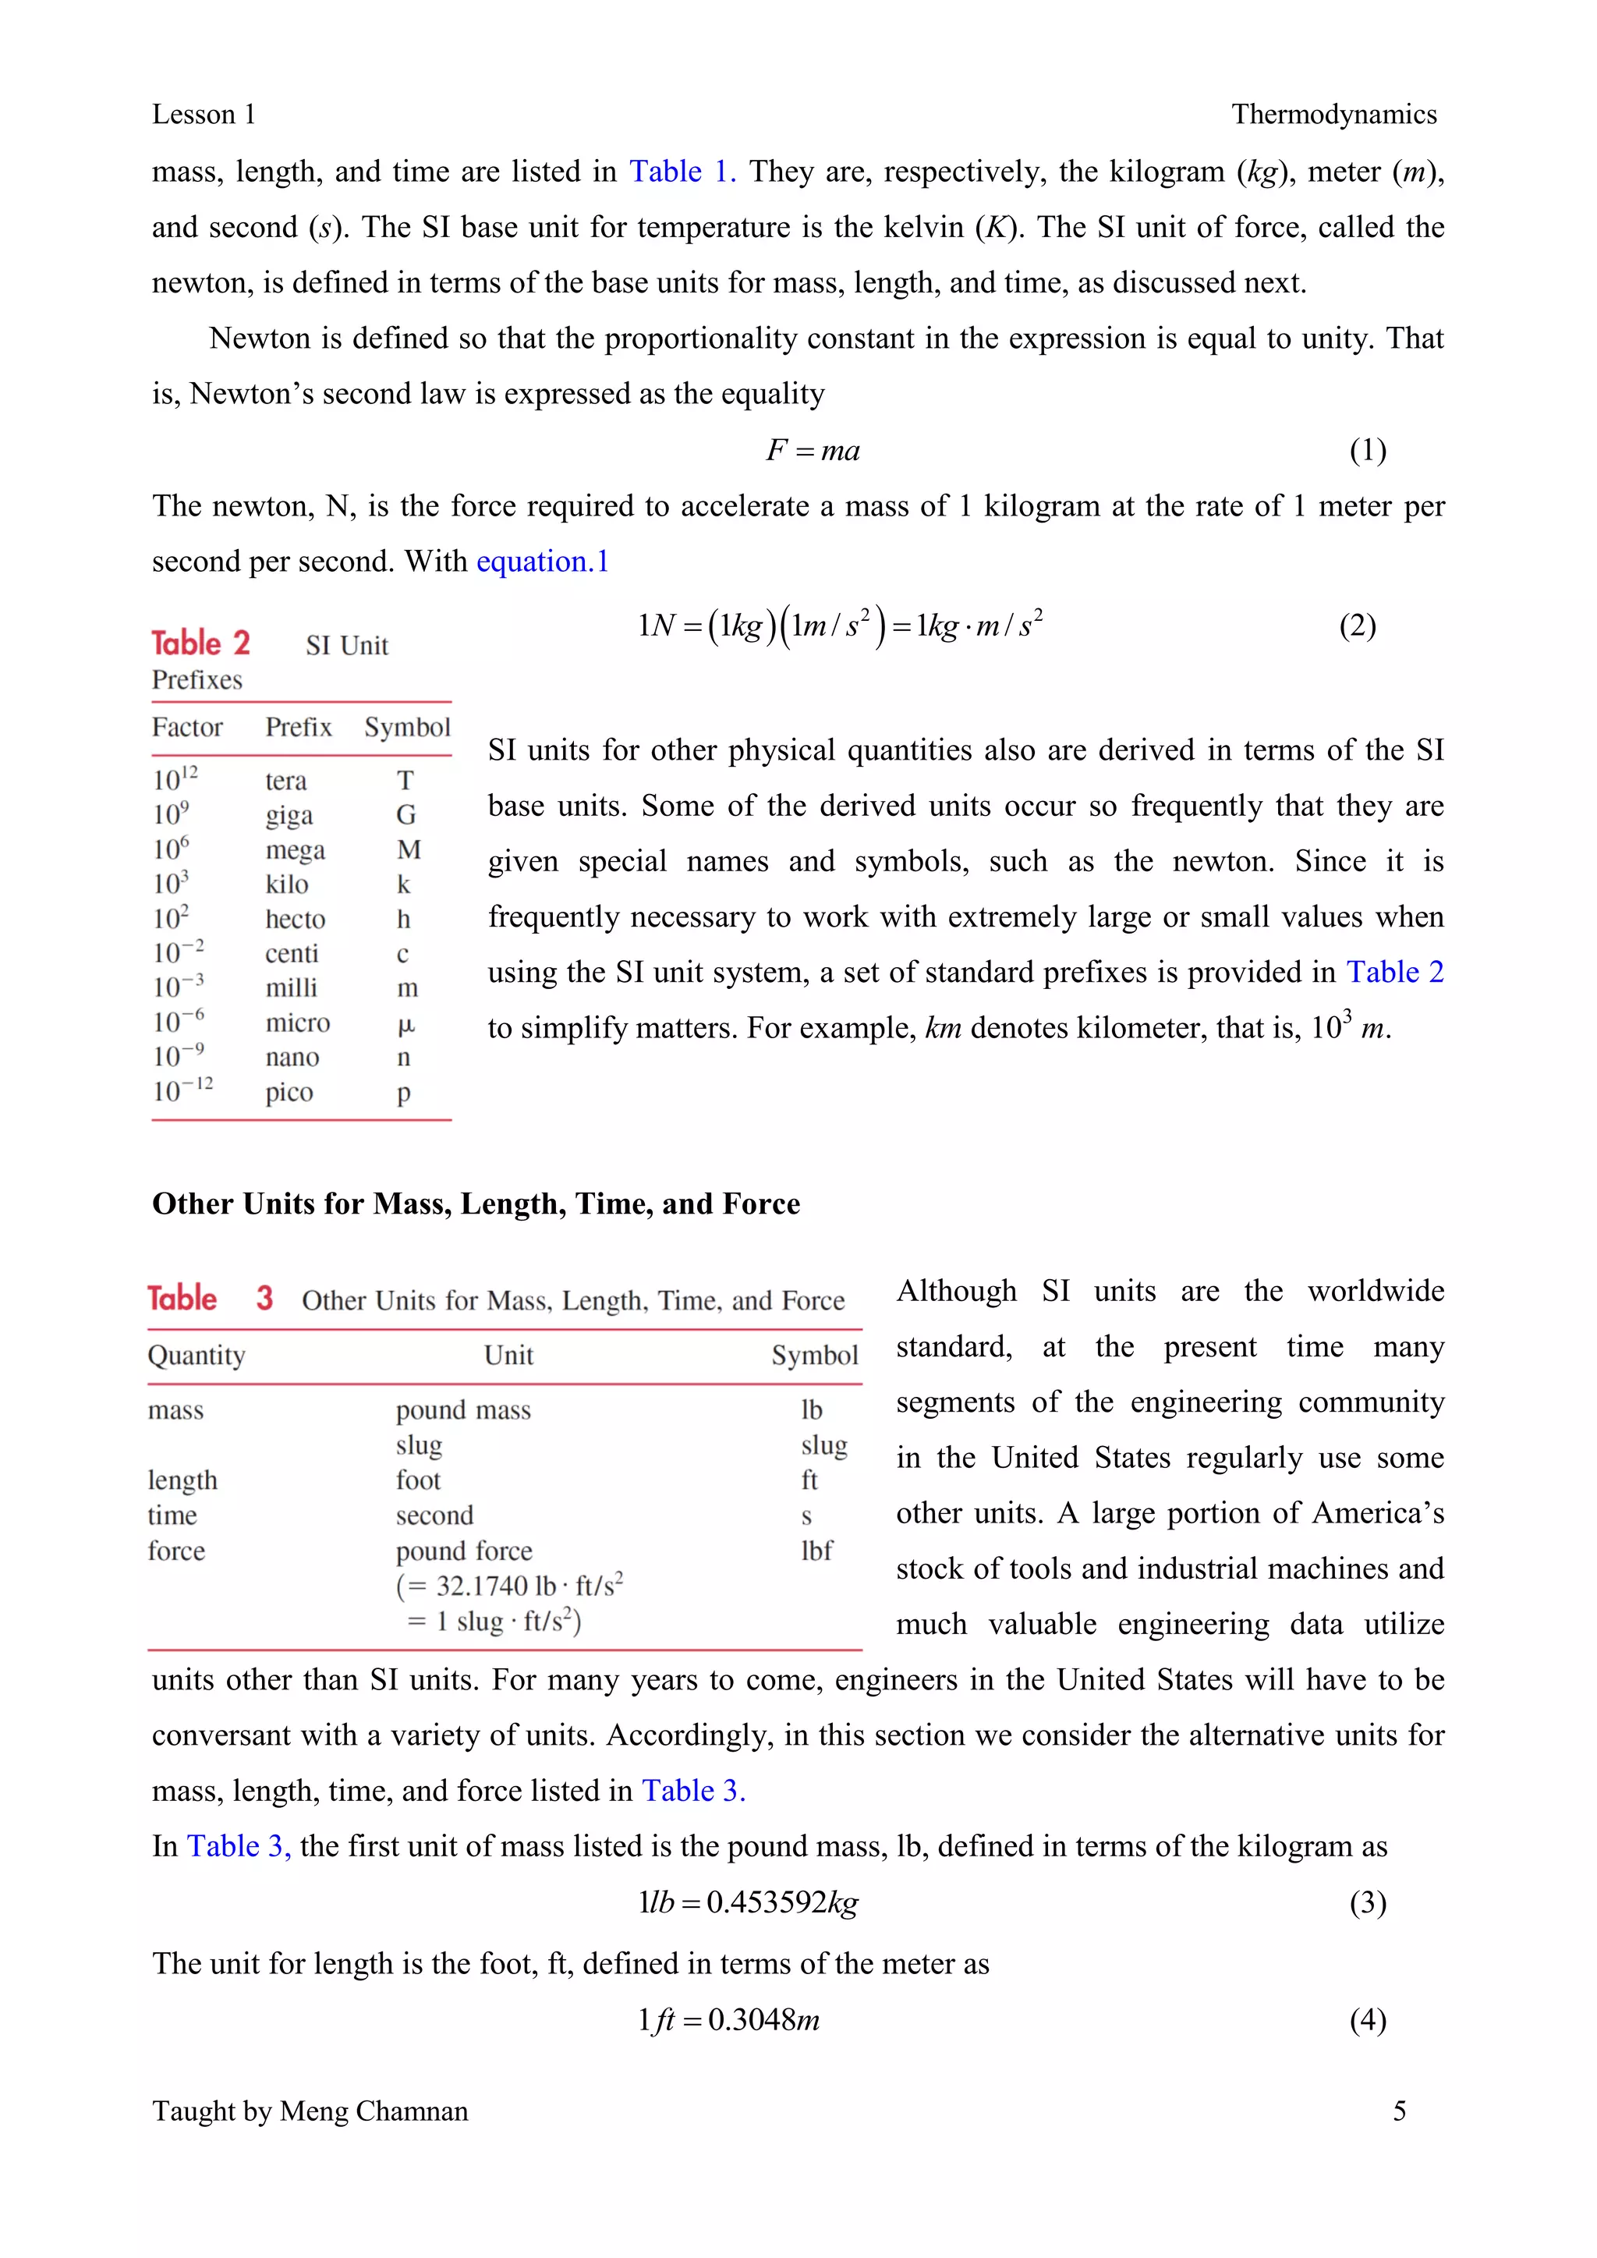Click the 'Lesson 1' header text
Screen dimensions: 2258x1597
click(x=204, y=115)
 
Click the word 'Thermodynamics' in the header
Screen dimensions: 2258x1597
click(x=1333, y=115)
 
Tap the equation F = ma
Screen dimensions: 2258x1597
click(x=813, y=450)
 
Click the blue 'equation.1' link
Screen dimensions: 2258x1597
click(x=543, y=562)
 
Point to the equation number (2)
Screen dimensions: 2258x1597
click(x=1357, y=626)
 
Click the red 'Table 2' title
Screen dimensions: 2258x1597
click(x=200, y=643)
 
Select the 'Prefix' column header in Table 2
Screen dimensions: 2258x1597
click(x=298, y=728)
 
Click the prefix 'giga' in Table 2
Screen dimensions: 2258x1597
click(x=289, y=815)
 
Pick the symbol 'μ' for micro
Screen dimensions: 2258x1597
click(x=406, y=1024)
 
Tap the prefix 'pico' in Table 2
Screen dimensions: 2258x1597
click(x=289, y=1093)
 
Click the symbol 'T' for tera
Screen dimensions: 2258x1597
click(x=405, y=781)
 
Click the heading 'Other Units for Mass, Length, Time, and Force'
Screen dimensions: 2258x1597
click(x=476, y=1205)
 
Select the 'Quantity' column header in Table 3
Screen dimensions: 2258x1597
click(x=197, y=1356)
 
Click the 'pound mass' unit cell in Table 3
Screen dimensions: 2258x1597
click(x=463, y=1411)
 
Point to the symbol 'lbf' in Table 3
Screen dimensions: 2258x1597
click(x=816, y=1551)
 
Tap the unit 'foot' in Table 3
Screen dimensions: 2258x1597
click(x=418, y=1481)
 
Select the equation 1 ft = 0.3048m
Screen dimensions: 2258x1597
click(x=728, y=2020)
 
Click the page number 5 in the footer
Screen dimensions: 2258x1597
click(x=1400, y=2111)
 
